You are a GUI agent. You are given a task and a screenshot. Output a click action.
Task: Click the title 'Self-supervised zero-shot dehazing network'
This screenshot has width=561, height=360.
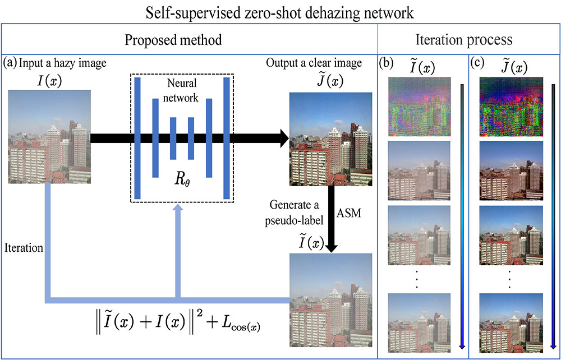click(x=280, y=11)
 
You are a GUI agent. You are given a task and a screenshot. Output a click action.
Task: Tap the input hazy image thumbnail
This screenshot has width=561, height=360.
click(x=49, y=139)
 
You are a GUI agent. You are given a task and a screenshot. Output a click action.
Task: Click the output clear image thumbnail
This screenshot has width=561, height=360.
click(x=330, y=139)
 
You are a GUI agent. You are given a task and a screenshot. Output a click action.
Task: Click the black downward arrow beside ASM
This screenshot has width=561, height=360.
click(x=331, y=221)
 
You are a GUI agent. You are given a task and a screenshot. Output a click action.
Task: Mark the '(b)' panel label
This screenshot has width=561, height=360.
click(x=386, y=63)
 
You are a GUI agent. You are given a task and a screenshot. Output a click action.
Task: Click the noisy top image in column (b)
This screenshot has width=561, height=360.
click(x=420, y=106)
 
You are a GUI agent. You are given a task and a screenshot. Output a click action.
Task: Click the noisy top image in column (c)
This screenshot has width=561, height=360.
click(x=510, y=106)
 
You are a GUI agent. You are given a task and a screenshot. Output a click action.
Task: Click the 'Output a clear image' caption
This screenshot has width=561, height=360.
click(x=314, y=62)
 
